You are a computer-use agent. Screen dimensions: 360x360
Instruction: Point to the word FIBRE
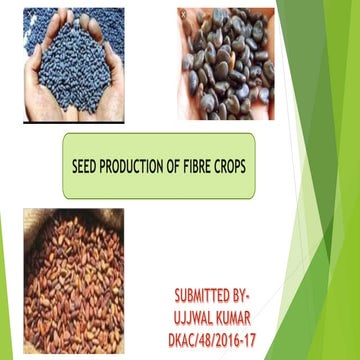204,166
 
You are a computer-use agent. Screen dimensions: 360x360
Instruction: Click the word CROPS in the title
240,166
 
